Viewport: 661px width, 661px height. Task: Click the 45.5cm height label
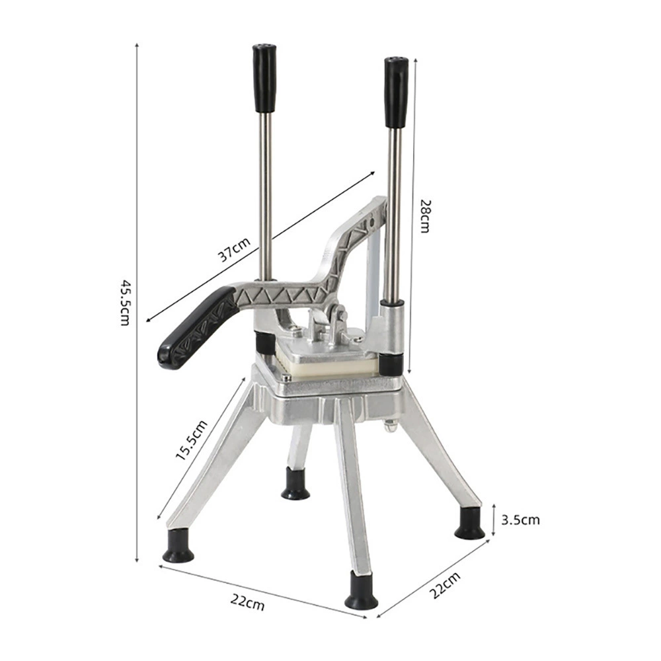125,302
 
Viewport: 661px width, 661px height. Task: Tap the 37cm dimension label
234,250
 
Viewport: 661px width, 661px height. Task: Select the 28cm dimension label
425,216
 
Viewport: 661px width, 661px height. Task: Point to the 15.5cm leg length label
192,440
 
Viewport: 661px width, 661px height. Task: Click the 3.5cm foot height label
520,520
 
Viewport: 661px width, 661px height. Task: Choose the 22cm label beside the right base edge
445,586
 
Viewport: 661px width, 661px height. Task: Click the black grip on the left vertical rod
264,79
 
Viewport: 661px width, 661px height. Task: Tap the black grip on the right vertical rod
396,93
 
